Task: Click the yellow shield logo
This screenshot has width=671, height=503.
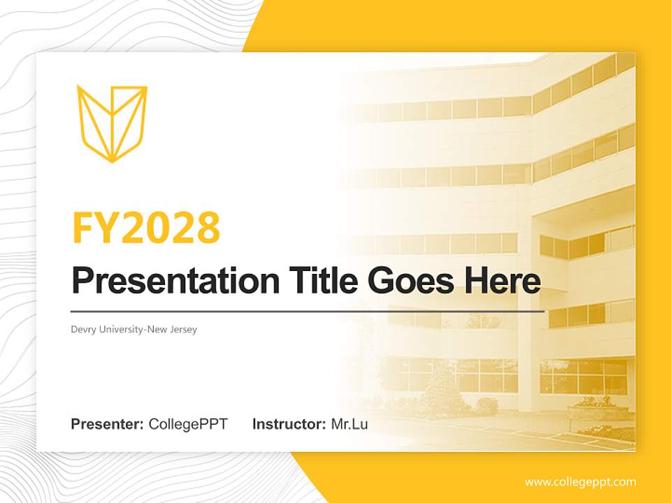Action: coord(112,123)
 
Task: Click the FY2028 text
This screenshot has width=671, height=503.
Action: coord(146,227)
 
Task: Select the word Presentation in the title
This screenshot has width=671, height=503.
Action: coord(165,282)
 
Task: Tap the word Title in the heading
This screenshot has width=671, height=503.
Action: coord(311,282)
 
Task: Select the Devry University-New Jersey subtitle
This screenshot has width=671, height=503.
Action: coord(134,329)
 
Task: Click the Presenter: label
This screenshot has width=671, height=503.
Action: coord(108,424)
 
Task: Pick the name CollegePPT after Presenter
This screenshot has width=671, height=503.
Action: coord(188,424)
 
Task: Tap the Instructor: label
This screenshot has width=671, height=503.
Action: coord(289,424)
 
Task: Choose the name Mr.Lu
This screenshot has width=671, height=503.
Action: coord(349,424)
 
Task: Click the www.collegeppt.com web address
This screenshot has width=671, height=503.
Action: coord(580,482)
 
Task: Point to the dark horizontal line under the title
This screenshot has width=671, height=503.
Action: coord(308,311)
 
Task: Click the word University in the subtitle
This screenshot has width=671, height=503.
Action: coord(120,329)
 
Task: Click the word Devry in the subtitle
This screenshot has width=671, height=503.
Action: coord(83,329)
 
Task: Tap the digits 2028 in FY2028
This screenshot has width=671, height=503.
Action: coord(171,227)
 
